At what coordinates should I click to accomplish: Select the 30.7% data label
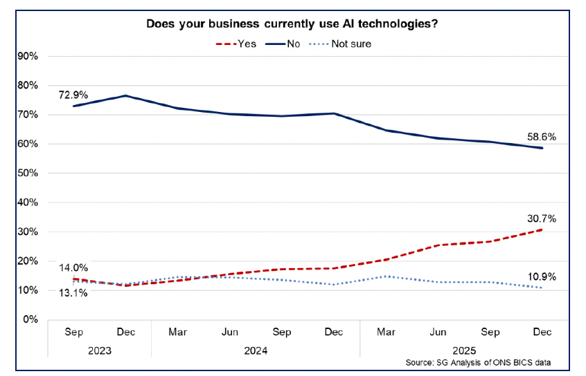(x=542, y=218)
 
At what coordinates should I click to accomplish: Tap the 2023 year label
(x=99, y=350)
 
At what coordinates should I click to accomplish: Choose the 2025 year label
(x=464, y=350)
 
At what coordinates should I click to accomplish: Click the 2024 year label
(x=256, y=350)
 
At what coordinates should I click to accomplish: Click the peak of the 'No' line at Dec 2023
(x=125, y=95)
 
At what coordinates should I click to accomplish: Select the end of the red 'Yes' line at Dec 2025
(x=542, y=229)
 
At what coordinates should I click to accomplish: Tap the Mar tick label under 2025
(x=386, y=332)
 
